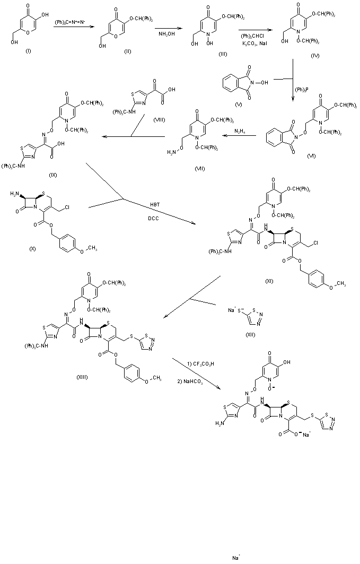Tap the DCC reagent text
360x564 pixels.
154,218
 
